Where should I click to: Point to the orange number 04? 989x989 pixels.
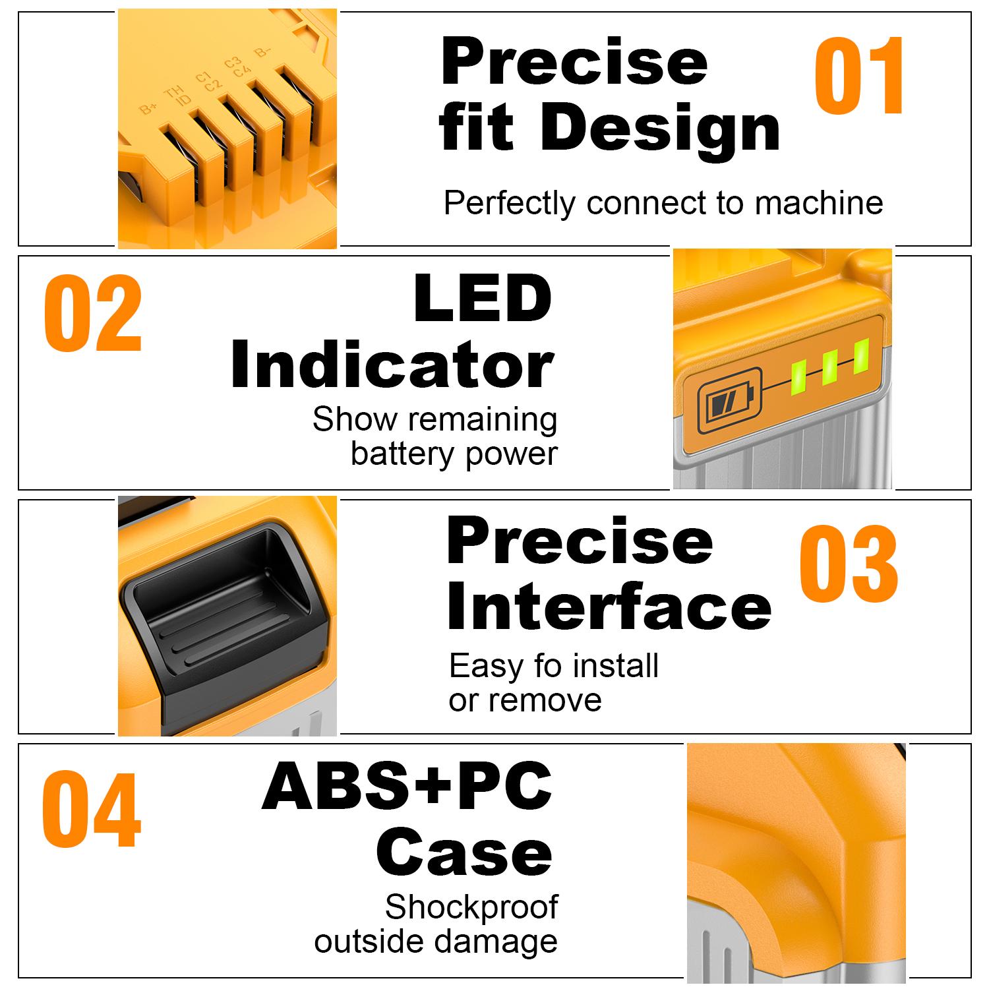coord(92,810)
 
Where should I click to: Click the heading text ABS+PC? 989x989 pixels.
coord(407,786)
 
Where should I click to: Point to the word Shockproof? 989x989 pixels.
coord(471,907)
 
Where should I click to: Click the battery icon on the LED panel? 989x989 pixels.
coord(723,401)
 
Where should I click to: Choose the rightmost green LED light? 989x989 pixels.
coord(860,357)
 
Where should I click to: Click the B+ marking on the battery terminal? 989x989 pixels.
coord(149,108)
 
